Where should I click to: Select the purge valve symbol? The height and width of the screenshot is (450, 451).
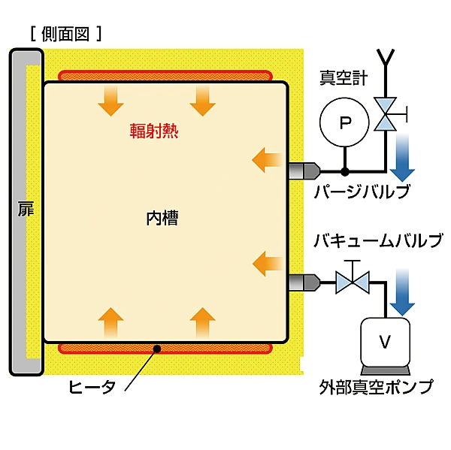point(386,114)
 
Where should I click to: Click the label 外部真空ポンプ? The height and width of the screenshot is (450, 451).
point(376,388)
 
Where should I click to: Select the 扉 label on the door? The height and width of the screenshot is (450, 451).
point(26,209)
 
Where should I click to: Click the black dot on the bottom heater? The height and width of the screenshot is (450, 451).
point(156,348)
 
